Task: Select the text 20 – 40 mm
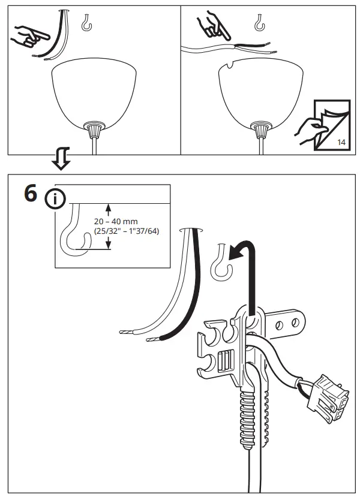[x=116, y=221]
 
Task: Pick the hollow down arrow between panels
[x=61, y=159]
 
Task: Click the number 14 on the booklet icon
[x=342, y=143]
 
